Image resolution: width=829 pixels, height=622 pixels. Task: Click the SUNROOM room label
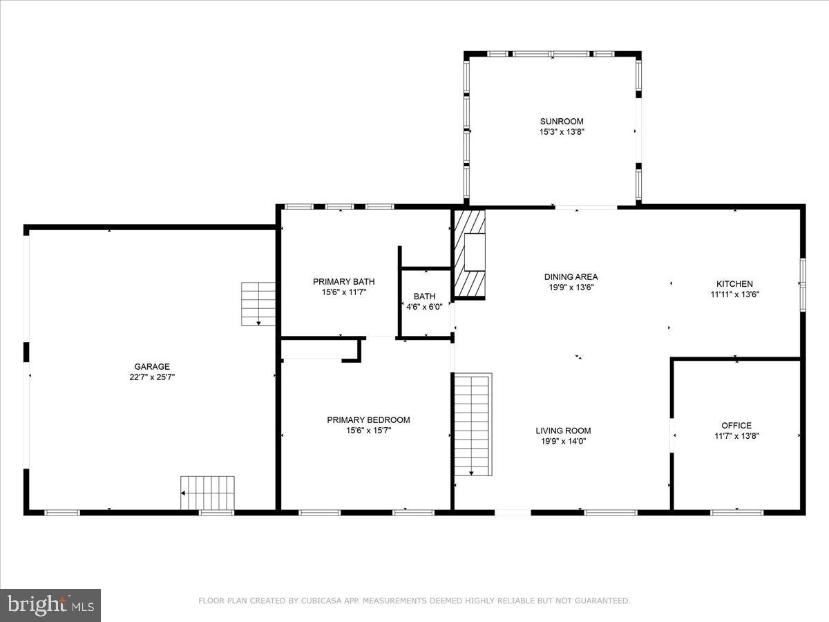click(561, 122)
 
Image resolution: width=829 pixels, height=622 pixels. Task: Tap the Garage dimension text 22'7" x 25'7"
click(152, 377)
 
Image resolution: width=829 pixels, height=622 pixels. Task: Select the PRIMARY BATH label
click(343, 281)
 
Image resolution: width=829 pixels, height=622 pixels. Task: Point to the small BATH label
click(424, 296)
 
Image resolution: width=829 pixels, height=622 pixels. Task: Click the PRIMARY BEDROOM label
click(368, 420)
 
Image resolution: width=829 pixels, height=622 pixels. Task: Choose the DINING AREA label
click(571, 277)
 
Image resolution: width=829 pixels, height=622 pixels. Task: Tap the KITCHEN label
click(734, 284)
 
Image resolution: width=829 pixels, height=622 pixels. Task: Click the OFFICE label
click(736, 426)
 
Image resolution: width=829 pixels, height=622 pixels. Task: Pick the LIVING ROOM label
click(563, 431)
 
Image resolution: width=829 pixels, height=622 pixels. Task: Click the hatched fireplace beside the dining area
click(469, 254)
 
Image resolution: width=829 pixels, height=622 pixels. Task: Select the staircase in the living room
click(473, 424)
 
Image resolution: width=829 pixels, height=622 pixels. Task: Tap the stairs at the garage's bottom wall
click(208, 493)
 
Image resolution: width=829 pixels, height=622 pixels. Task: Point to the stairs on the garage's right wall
click(258, 304)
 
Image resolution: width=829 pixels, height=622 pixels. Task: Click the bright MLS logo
click(50, 605)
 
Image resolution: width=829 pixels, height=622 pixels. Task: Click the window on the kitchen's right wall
click(803, 283)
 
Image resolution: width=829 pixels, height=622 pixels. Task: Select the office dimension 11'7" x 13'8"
click(736, 436)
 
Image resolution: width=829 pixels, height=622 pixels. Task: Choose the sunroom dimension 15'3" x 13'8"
click(561, 131)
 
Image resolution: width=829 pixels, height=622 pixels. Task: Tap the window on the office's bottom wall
click(737, 512)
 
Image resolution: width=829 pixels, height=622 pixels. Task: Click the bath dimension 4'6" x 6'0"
click(424, 307)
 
